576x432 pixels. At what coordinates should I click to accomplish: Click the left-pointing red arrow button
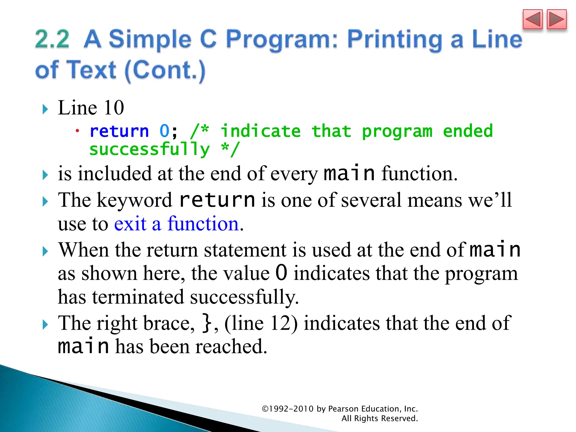pyautogui.click(x=532, y=19)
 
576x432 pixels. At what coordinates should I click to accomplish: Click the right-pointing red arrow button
pyautogui.click(x=557, y=19)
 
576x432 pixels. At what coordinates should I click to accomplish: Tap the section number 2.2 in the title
pyautogui.click(x=52, y=39)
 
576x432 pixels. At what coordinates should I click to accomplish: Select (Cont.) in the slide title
pyautogui.click(x=165, y=70)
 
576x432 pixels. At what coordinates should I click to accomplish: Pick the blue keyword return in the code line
pyautogui.click(x=119, y=131)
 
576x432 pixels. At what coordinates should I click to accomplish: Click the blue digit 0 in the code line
pyautogui.click(x=164, y=131)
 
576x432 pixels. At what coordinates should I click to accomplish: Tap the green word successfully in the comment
pyautogui.click(x=150, y=149)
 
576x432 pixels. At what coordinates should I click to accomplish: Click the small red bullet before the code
pyautogui.click(x=77, y=131)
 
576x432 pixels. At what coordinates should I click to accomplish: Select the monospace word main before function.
pyautogui.click(x=349, y=173)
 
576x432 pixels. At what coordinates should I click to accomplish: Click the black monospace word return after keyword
pyautogui.click(x=217, y=200)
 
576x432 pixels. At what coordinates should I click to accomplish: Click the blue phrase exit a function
pyautogui.click(x=176, y=224)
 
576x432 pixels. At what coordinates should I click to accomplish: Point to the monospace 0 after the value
pyautogui.click(x=281, y=273)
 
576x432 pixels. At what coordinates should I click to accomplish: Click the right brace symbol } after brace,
pyautogui.click(x=207, y=323)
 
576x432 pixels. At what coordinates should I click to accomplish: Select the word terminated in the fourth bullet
pyautogui.click(x=138, y=297)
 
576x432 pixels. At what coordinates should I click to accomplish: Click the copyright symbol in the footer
pyautogui.click(x=265, y=409)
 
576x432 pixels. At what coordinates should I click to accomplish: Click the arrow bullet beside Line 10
pyautogui.click(x=45, y=109)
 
